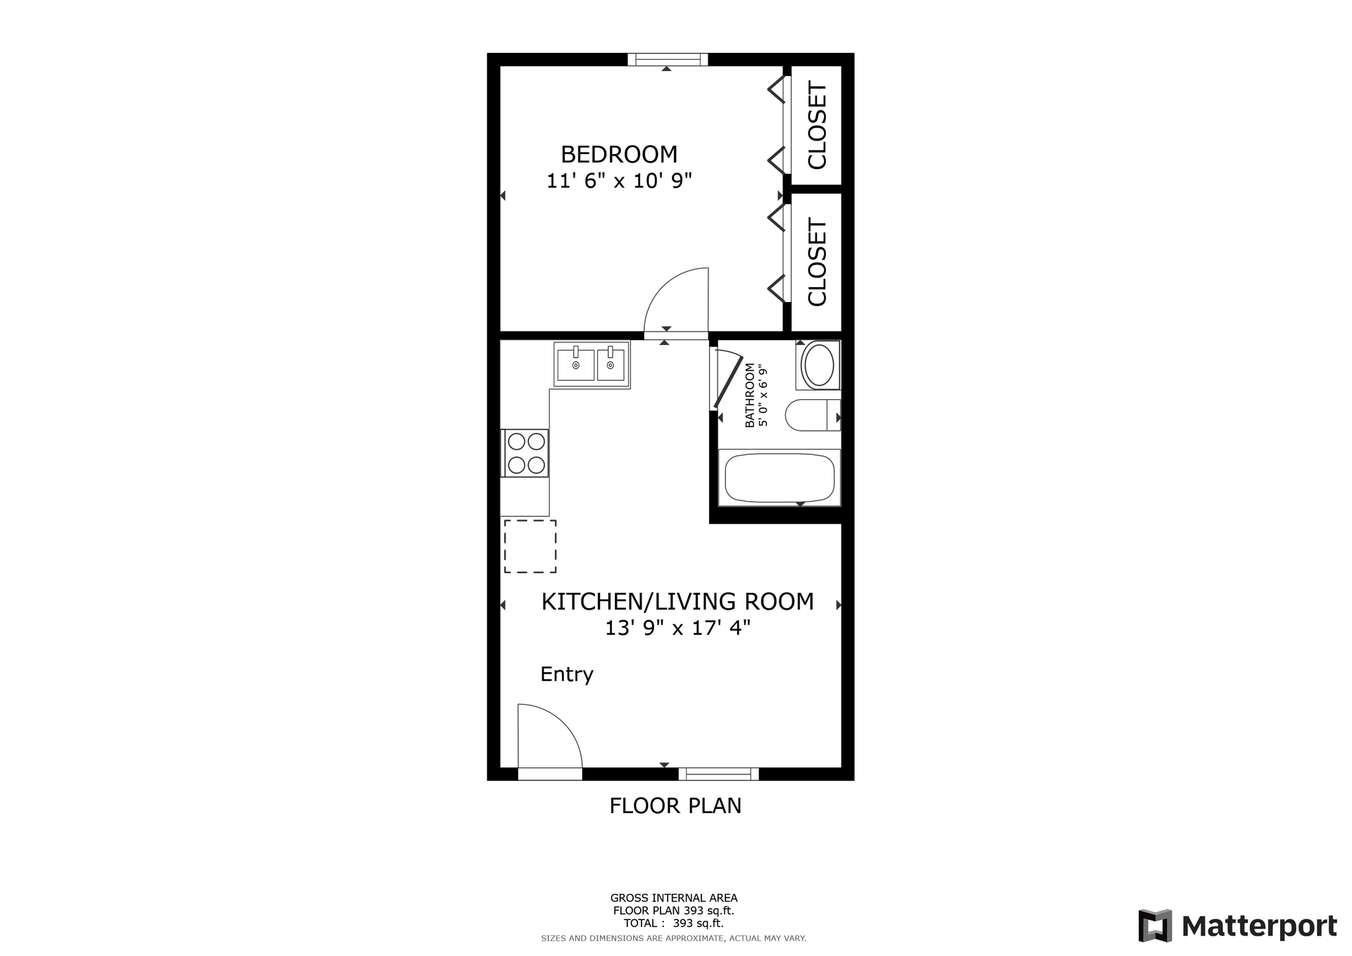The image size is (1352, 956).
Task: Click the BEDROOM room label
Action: click(619, 154)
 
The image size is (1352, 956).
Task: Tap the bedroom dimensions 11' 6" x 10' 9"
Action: click(620, 181)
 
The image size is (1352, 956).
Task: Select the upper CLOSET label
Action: click(817, 126)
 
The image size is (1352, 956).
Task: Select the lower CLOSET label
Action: click(817, 262)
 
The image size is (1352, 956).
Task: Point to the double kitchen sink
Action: click(591, 365)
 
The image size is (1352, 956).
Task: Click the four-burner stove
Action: click(525, 453)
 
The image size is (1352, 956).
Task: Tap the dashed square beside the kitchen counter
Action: click(530, 546)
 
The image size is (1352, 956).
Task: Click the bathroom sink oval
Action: click(819, 364)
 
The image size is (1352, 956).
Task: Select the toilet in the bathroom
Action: click(813, 415)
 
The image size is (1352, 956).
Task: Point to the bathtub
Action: click(780, 477)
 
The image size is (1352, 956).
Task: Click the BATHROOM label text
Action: click(749, 395)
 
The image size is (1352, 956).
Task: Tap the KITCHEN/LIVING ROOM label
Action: click(677, 601)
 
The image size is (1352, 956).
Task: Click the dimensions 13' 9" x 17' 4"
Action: click(677, 627)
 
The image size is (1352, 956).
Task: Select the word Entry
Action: click(567, 674)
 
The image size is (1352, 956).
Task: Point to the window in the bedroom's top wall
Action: click(668, 59)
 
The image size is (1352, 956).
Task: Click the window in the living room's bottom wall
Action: click(719, 774)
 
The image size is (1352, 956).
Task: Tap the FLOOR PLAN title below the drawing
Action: click(675, 805)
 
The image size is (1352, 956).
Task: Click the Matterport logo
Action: click(1238, 926)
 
